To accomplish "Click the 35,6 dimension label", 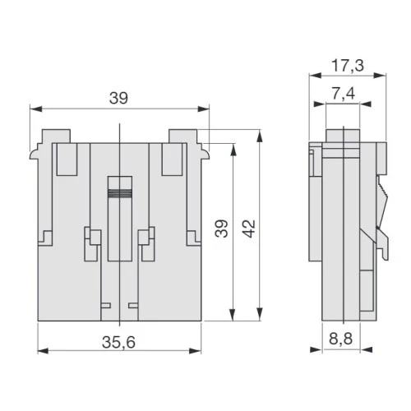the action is (x=118, y=343).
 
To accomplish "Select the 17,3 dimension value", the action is (x=348, y=66).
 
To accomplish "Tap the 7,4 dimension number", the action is (x=344, y=94).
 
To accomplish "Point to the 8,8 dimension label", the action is (x=340, y=339).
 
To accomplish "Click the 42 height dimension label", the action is (x=249, y=229).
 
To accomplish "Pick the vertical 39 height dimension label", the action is (x=221, y=229).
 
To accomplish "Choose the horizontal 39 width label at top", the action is (x=118, y=98).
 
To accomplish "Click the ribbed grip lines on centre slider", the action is (x=120, y=193).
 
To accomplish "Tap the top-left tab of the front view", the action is (x=56, y=136).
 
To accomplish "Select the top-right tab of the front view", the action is (x=182, y=136).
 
